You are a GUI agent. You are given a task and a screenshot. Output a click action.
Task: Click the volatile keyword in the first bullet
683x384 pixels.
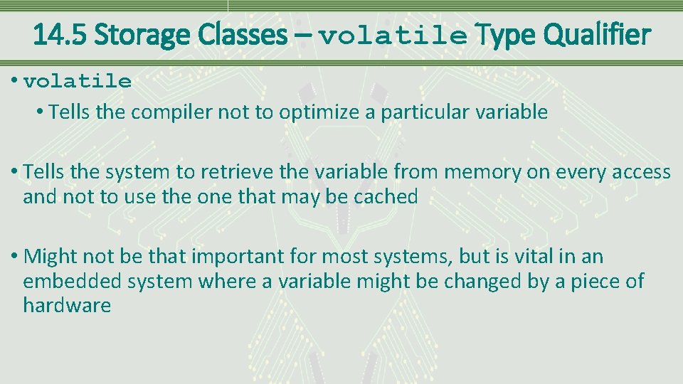click(x=78, y=82)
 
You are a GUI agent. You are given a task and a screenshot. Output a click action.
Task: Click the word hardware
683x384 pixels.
click(x=67, y=306)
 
